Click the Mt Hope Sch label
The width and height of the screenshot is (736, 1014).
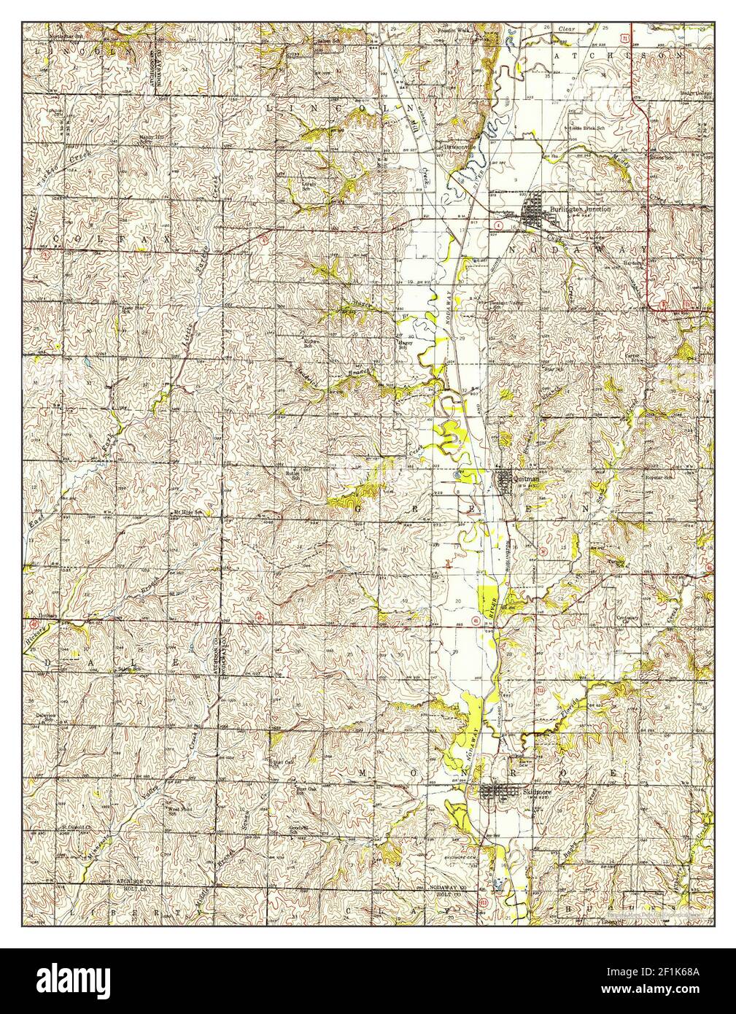[187, 513]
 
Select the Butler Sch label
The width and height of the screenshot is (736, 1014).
[293, 472]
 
